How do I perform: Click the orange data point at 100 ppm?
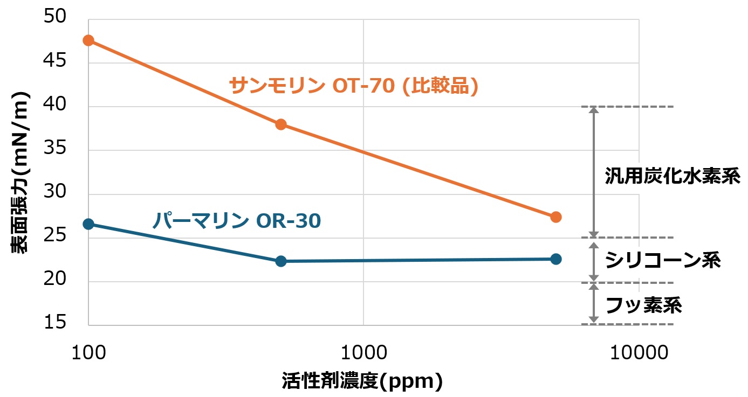[88, 40]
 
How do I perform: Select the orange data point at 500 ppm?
[280, 124]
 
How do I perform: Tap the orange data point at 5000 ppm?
[556, 217]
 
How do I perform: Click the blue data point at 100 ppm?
[88, 224]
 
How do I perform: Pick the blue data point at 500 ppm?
[280, 261]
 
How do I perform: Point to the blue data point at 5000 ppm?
[556, 259]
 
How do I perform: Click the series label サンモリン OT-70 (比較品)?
[354, 86]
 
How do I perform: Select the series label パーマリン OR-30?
[236, 220]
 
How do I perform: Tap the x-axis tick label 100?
[88, 353]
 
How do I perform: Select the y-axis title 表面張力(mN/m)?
[20, 172]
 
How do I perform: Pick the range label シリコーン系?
[663, 261]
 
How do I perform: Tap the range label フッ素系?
[644, 305]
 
